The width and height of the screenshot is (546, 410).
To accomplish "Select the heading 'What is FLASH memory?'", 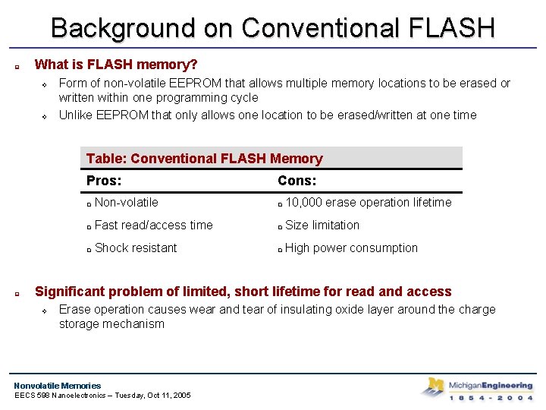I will [116, 65].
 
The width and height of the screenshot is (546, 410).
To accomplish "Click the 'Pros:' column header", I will [104, 181].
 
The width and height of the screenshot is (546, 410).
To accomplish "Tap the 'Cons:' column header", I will [297, 181].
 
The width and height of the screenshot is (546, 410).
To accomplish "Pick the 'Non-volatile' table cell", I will [127, 203].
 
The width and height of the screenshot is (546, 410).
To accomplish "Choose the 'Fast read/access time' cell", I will [153, 225].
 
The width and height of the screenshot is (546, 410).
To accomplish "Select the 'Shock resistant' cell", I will [136, 248].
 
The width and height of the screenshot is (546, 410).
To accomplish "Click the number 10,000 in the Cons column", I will [303, 203].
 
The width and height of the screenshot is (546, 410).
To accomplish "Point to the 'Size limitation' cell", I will [322, 225].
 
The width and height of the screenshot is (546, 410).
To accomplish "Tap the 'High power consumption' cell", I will [351, 248].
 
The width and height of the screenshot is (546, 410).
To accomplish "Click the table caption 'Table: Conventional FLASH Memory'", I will [204, 159].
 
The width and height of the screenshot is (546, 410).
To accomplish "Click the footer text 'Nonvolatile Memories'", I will [58, 386].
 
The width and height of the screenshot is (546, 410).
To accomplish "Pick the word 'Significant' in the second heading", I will [72, 292].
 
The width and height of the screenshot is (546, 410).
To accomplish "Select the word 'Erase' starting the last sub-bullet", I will [74, 310].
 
